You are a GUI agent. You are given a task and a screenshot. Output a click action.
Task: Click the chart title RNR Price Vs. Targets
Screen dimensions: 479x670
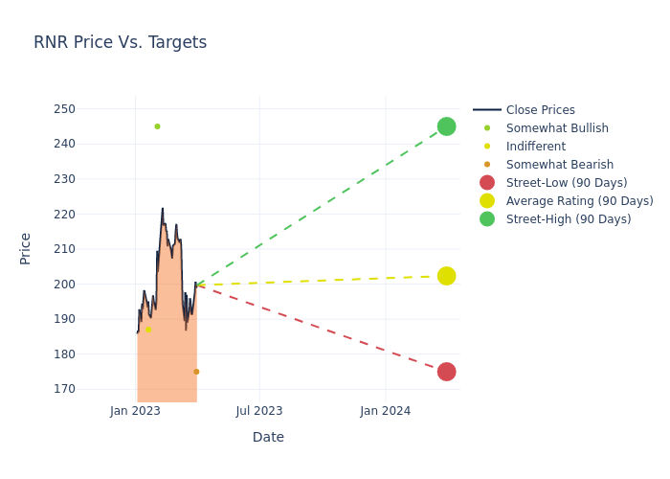[120, 42]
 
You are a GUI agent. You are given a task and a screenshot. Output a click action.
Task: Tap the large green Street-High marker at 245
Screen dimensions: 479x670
[446, 126]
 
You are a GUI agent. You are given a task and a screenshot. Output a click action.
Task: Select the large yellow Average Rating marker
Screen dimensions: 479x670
[446, 276]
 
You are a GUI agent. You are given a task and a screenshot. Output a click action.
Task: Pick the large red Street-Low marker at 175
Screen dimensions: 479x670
[446, 372]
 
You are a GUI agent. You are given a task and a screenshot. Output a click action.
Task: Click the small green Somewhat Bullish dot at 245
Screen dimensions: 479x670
[157, 126]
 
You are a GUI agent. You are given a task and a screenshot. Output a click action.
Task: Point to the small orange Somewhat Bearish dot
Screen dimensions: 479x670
[196, 372]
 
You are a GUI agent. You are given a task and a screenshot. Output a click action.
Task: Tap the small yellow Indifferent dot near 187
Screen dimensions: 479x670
[147, 330]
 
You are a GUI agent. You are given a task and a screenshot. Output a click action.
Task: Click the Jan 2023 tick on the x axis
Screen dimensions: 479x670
[135, 411]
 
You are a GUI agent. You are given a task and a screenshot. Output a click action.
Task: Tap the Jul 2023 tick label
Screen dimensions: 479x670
[259, 411]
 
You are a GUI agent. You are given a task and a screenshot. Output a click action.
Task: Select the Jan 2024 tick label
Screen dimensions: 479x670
[386, 411]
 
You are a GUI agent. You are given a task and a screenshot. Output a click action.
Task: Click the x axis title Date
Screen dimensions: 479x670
[268, 437]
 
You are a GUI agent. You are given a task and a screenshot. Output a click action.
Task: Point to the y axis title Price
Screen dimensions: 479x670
[26, 248]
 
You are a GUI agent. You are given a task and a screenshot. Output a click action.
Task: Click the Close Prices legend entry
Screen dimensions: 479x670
[540, 110]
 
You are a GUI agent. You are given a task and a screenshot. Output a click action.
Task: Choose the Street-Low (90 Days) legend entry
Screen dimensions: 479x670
[567, 183]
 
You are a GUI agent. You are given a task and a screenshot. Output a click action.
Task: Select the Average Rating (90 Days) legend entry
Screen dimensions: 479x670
[579, 201]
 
